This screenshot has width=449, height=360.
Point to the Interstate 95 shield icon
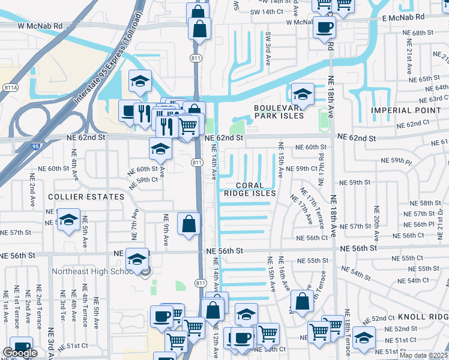pos(37,146)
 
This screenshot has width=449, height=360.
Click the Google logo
pos(20,353)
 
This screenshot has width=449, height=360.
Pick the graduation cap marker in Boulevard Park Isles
pos(303,95)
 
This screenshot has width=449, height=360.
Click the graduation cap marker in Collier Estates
pos(69,220)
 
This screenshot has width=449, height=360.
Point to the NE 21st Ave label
pos(409,61)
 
